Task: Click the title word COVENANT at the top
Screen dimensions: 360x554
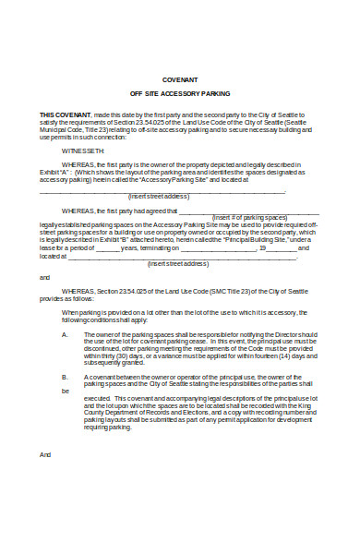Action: (180, 79)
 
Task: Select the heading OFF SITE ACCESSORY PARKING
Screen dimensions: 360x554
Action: (180, 95)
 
